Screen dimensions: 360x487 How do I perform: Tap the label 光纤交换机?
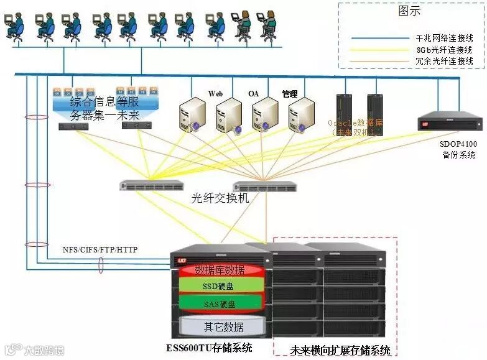pyautogui.click(x=220, y=198)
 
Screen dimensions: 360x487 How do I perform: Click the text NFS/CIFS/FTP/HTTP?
pyautogui.click(x=100, y=249)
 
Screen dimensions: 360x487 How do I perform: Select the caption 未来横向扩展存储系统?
pyautogui.click(x=340, y=350)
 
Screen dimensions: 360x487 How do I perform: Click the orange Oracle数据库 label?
pyautogui.click(x=356, y=127)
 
